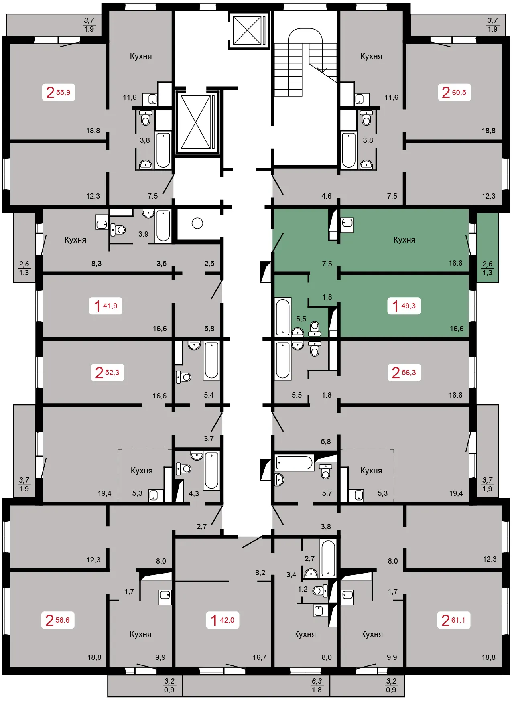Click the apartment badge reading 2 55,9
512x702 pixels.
point(59,92)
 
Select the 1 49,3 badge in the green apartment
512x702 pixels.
point(404,306)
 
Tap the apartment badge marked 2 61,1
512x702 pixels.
point(454,620)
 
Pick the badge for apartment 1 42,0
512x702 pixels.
point(223,620)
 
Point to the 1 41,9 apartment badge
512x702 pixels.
point(106,306)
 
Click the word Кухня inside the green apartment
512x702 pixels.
point(404,240)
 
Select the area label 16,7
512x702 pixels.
point(260,657)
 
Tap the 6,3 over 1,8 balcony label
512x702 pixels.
point(317,685)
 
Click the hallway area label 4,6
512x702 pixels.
point(327,196)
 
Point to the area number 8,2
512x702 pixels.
point(260,572)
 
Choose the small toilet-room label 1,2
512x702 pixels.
point(303,589)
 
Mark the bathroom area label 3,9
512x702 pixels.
point(143,234)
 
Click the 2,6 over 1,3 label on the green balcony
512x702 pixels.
point(487,268)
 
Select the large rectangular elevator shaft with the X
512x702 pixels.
point(197,122)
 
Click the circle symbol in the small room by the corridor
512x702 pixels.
point(197,223)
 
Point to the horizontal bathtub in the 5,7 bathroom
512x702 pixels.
point(294,463)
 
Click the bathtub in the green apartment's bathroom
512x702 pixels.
point(283,317)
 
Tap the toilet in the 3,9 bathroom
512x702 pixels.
point(118,229)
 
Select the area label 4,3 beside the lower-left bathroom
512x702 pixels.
point(194,493)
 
